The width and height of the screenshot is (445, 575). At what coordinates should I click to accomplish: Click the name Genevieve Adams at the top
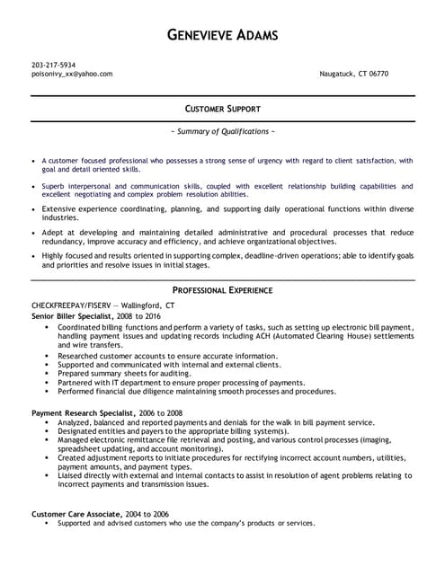(x=223, y=35)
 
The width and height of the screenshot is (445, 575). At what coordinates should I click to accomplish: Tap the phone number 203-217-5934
(x=53, y=65)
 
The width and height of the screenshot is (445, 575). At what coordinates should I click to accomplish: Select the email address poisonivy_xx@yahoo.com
(x=72, y=74)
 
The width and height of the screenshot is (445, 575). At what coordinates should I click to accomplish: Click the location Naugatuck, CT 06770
(x=354, y=74)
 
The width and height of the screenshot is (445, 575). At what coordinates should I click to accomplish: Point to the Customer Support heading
(x=222, y=109)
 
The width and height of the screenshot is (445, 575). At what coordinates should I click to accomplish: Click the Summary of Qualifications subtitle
(x=222, y=131)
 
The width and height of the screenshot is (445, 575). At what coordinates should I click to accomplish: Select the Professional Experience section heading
(x=222, y=291)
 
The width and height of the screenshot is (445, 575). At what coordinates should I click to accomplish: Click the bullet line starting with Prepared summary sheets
(x=135, y=374)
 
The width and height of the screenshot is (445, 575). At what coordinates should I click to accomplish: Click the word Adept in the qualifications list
(x=52, y=231)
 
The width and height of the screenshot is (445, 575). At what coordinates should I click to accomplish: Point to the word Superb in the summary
(x=55, y=185)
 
